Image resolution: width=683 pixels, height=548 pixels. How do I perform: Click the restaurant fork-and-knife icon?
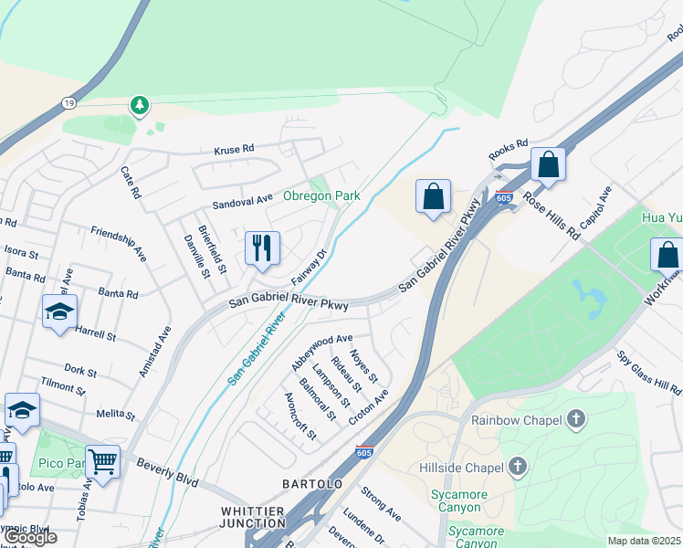[262, 247]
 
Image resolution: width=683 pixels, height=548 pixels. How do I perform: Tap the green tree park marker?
[139, 107]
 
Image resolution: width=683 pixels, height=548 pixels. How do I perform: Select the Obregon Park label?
[320, 195]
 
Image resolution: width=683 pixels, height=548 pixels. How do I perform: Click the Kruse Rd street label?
[233, 149]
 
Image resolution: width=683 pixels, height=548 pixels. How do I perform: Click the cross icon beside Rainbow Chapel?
[575, 419]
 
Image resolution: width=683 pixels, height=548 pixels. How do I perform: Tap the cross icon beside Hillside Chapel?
[518, 469]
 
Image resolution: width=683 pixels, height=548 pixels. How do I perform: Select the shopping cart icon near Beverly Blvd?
[103, 461]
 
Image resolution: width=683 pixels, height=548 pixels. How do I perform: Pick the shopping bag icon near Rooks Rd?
[548, 164]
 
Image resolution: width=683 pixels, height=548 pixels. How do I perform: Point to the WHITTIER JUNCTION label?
[253, 516]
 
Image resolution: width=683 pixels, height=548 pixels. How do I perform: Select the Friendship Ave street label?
[118, 239]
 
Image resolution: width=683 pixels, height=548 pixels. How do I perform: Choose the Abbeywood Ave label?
[321, 350]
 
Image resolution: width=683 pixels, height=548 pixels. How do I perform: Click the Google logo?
[31, 537]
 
